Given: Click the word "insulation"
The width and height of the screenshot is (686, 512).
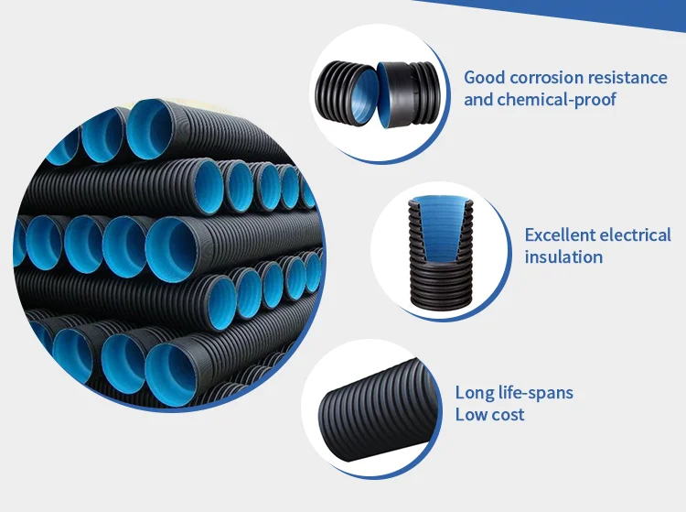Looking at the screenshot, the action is [563, 257].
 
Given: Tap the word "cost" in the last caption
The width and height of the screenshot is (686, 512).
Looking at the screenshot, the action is [509, 415].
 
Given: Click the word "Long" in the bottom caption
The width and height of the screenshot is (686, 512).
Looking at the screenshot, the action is [474, 393].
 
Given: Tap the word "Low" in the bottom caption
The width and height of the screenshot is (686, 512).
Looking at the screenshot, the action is [472, 415].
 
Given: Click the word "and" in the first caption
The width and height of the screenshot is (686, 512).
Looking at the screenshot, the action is [477, 99].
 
